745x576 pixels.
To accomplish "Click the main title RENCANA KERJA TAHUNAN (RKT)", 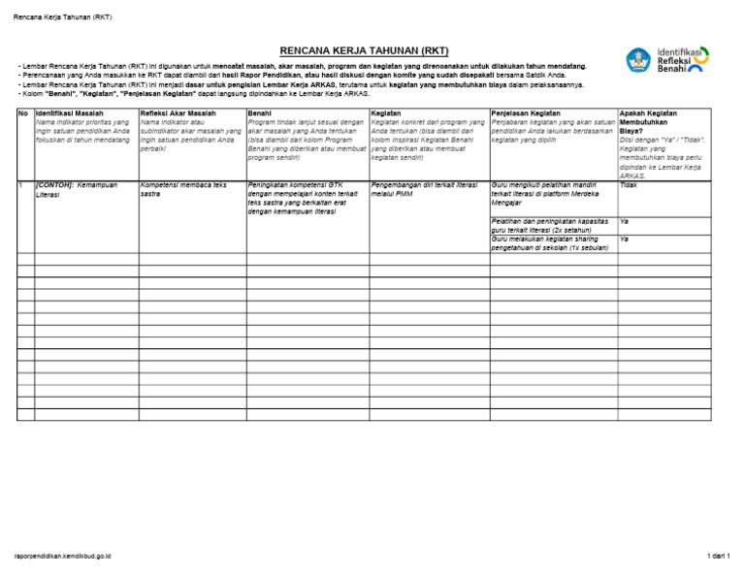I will click(364, 50).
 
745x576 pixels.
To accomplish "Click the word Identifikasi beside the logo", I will click(683, 50).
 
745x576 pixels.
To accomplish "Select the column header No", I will click(23, 113).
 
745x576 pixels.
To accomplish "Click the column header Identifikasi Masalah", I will click(70, 113).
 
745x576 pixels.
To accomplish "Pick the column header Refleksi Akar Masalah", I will click(178, 113).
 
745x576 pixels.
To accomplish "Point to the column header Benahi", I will click(260, 113).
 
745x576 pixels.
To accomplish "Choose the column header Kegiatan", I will click(387, 113).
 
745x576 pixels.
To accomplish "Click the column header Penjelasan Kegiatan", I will click(530, 113).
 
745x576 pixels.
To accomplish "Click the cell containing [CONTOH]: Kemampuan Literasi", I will click(82, 188).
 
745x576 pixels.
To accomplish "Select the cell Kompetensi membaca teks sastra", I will click(183, 188).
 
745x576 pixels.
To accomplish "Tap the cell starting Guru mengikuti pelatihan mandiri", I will click(551, 193).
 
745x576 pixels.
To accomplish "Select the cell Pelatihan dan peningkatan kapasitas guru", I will click(551, 226).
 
